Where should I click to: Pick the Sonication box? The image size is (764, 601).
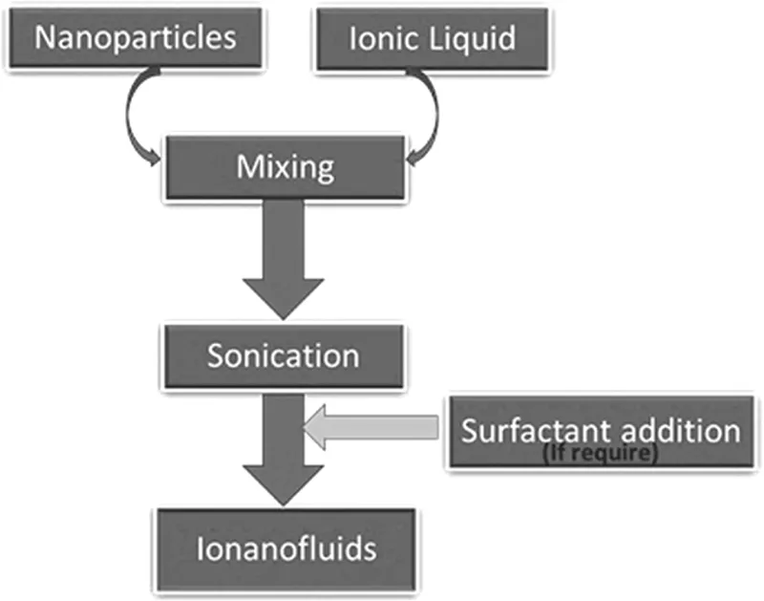(283, 356)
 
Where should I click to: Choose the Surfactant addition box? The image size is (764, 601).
(601, 432)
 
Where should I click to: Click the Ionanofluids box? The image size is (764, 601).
(286, 549)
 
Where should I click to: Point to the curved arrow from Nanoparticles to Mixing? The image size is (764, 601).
(134, 119)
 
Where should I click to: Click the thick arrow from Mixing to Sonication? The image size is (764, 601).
(284, 263)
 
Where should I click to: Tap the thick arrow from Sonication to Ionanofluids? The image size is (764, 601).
(284, 449)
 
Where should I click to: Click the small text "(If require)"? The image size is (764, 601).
(600, 455)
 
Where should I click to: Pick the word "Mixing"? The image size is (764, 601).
(286, 169)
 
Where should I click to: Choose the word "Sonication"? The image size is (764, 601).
(283, 355)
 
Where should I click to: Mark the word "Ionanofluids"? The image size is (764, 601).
(286, 549)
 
